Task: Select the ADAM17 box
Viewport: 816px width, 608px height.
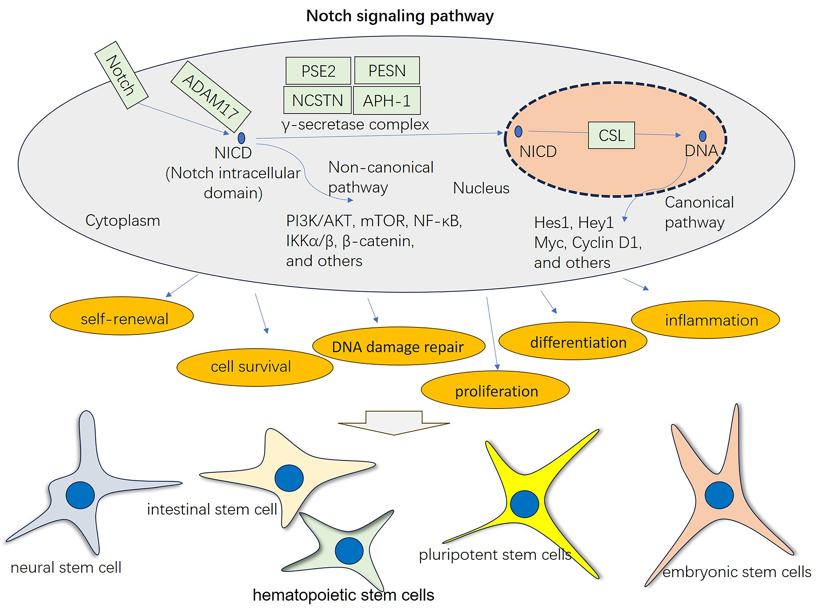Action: pyautogui.click(x=211, y=96)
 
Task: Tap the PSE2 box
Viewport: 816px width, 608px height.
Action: pyautogui.click(x=318, y=71)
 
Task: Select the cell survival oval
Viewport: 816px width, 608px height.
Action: pyautogui.click(x=255, y=367)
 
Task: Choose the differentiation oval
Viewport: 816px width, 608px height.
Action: pyautogui.click(x=572, y=341)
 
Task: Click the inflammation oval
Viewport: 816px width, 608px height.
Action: pyautogui.click(x=705, y=320)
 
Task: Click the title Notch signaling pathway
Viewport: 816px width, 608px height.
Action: pyautogui.click(x=400, y=16)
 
